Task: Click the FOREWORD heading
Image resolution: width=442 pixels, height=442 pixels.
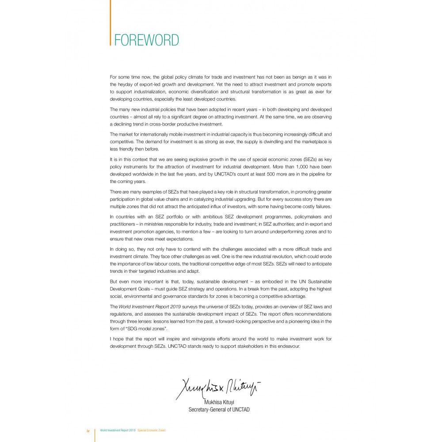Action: coord(146,40)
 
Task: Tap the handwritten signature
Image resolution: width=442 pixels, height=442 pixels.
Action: coord(218,389)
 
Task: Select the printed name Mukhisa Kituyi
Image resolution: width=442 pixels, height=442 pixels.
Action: coord(219,403)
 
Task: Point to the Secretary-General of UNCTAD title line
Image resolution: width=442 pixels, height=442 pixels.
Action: coord(219,410)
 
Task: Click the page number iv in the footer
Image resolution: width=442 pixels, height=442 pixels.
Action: coord(88,430)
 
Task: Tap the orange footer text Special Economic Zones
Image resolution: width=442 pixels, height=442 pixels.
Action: coord(152,430)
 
